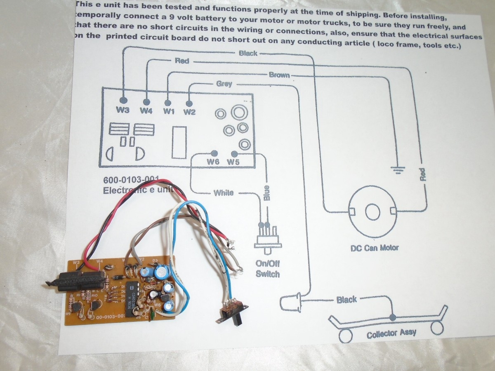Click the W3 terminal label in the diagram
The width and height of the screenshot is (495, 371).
pos(123,110)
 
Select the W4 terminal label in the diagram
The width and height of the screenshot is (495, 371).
pos(146,110)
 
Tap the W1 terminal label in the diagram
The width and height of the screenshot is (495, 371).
pos(169,111)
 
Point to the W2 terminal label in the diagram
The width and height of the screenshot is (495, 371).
pos(189,112)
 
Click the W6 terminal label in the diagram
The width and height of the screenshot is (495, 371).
pos(213,162)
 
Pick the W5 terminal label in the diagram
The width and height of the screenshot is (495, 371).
pos(233,162)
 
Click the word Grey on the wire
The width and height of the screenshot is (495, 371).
pos(224,84)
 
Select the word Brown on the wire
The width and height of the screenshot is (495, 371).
pos(279,75)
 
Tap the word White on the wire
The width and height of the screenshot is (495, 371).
pos(223,193)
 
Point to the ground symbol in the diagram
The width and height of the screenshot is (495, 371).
pos(398,169)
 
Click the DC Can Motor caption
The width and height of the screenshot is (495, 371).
pos(375,248)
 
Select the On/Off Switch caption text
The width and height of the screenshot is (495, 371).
pos(267,269)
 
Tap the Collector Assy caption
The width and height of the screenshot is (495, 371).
pos(391,333)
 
